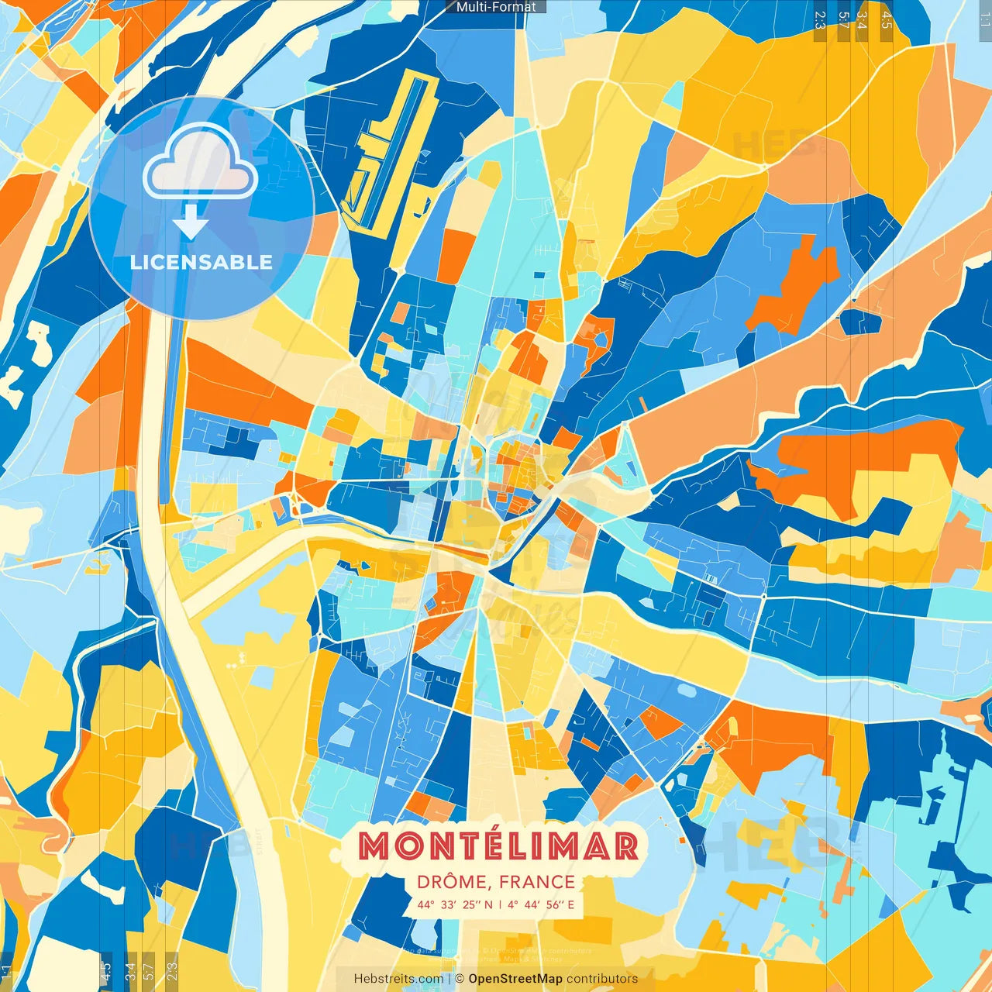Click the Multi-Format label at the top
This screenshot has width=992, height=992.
point(496,7)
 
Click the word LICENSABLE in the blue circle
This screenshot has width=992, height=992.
point(201,262)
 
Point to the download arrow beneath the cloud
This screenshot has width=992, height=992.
point(191,222)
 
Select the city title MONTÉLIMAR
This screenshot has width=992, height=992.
point(498,846)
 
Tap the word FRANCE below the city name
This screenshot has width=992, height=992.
point(537,882)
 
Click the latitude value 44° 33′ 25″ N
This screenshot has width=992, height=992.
point(455,904)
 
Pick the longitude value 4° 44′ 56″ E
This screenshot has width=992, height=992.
point(542,904)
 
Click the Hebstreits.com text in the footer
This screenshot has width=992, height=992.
point(398,979)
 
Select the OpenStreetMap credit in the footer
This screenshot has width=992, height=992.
point(515,979)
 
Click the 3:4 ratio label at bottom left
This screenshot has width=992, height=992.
point(130,970)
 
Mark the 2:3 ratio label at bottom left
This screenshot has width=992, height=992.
point(172,970)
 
